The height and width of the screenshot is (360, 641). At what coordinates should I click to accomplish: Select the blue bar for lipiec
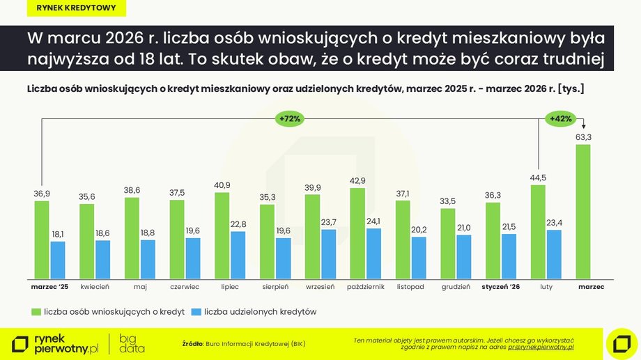coord(238,254)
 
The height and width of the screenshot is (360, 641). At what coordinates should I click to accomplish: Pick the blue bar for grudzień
coord(463,256)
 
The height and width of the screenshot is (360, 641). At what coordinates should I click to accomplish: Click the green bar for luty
coord(538,230)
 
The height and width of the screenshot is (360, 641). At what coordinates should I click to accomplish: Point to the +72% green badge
coord(289,119)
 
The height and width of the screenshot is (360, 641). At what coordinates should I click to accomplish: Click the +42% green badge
coord(561,119)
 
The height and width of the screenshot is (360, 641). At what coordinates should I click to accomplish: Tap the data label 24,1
coord(373,221)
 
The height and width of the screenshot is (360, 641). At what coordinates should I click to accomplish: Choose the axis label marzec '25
coord(49,286)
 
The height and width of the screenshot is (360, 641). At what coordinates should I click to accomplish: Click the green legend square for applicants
coord(35,312)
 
